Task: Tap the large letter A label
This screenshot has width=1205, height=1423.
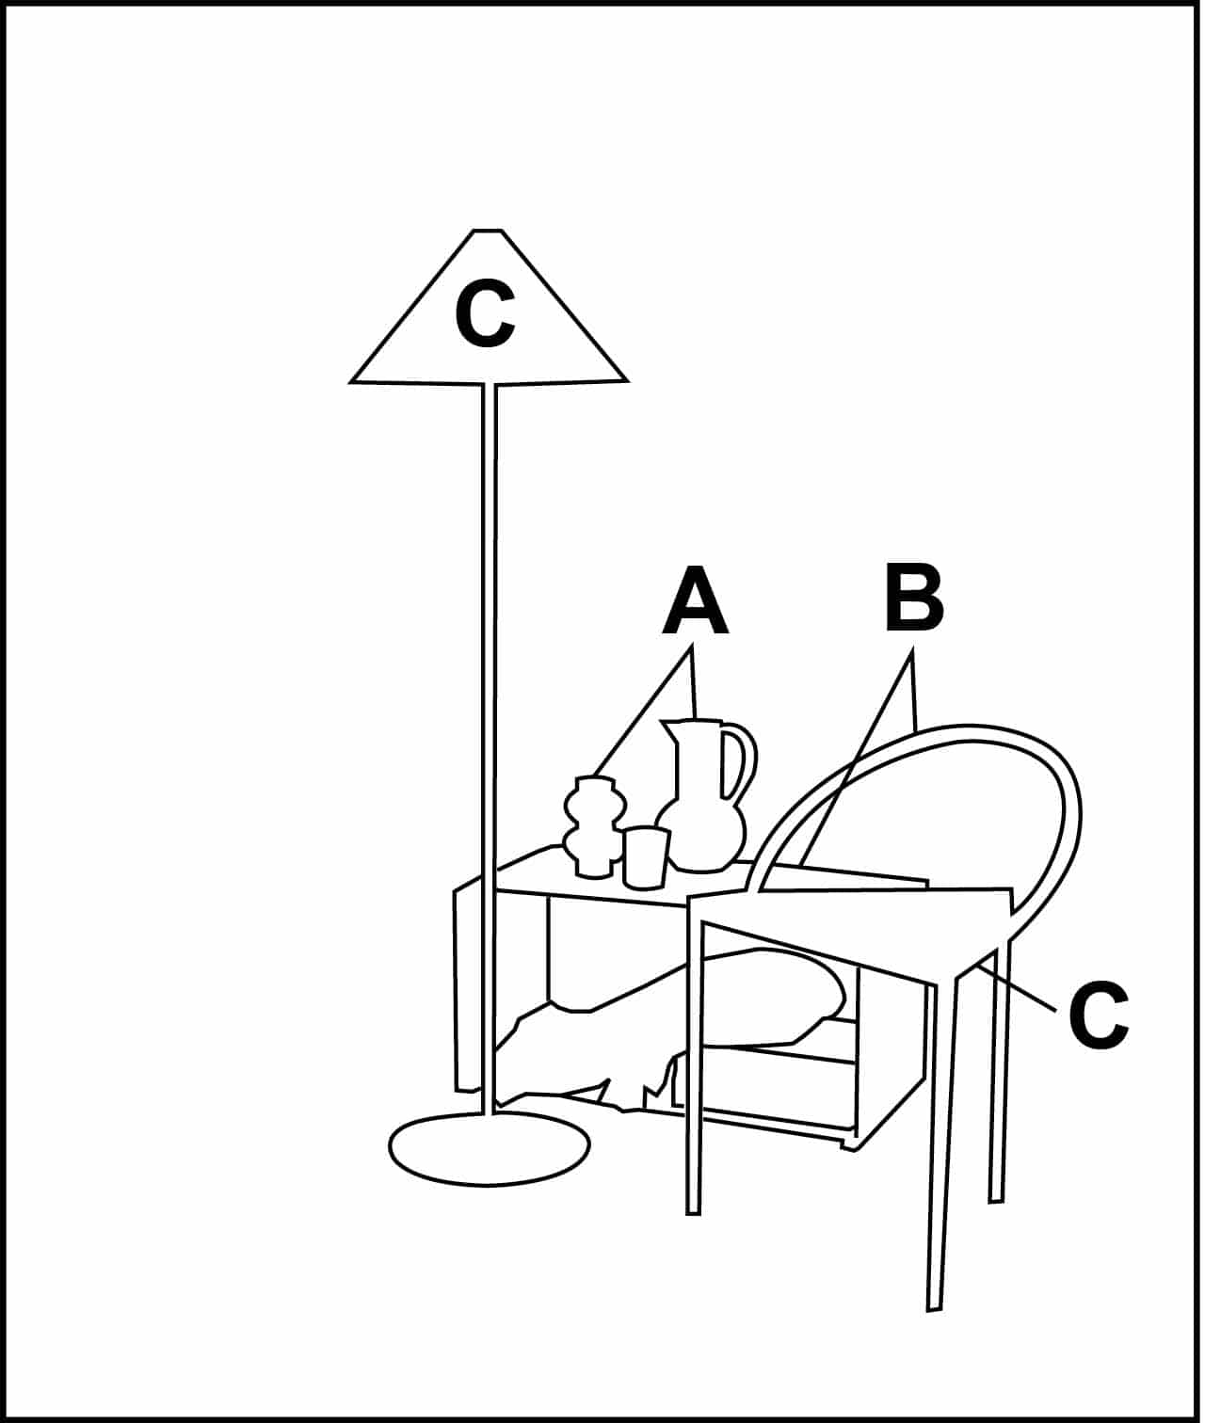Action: click(x=695, y=600)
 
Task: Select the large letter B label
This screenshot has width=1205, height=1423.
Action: click(x=914, y=598)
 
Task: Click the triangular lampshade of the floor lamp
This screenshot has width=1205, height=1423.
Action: click(x=488, y=324)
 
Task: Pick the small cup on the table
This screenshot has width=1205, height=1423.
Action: click(x=645, y=857)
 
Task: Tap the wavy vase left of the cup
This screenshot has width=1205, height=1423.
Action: click(x=595, y=827)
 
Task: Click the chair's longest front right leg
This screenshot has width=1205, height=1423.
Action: click(x=942, y=1143)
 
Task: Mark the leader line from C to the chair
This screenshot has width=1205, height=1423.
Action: click(x=1017, y=989)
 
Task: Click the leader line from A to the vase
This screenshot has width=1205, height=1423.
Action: click(x=642, y=711)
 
